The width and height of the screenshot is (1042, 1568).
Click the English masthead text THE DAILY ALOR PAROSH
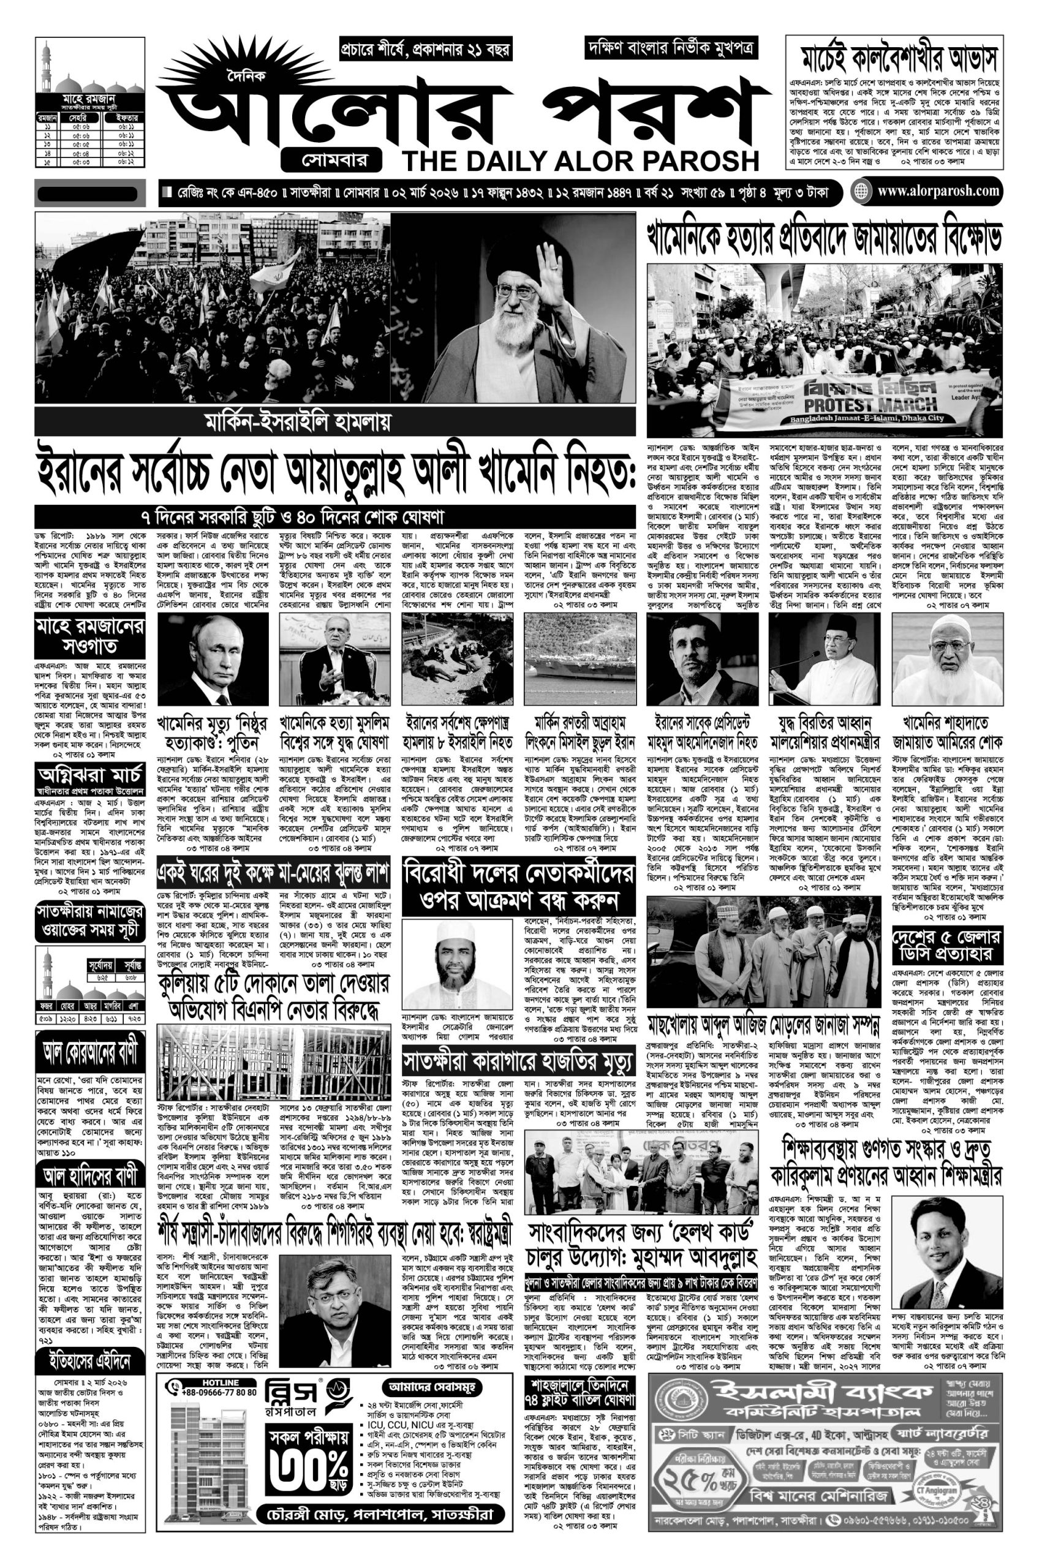point(580,160)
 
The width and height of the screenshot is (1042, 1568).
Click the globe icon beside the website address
point(862,192)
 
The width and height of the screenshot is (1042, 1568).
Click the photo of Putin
point(213,658)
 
